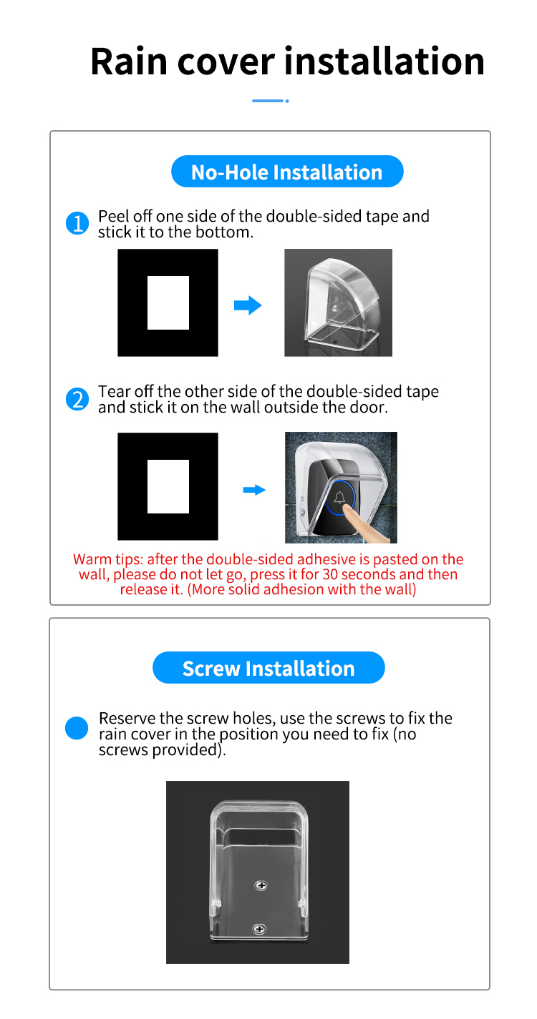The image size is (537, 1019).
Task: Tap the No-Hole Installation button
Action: [x=287, y=172]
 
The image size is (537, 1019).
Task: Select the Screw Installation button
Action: [x=268, y=669]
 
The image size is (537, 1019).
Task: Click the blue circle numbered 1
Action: [x=77, y=224]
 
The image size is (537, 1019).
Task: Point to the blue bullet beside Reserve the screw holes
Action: [x=77, y=729]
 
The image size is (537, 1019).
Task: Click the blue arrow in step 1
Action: [x=248, y=306]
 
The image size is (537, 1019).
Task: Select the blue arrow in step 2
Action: [x=254, y=490]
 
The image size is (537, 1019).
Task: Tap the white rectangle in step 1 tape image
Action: [x=168, y=302]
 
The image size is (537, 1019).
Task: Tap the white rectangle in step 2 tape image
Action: [x=168, y=486]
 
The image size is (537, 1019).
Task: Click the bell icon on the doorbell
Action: [x=340, y=498]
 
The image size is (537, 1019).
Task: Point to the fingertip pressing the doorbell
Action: [x=349, y=510]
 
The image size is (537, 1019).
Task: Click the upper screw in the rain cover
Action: [x=261, y=885]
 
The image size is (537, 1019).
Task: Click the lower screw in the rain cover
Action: [x=259, y=928]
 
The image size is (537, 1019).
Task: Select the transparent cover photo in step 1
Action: [x=338, y=302]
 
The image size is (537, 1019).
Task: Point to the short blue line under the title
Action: [x=268, y=101]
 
